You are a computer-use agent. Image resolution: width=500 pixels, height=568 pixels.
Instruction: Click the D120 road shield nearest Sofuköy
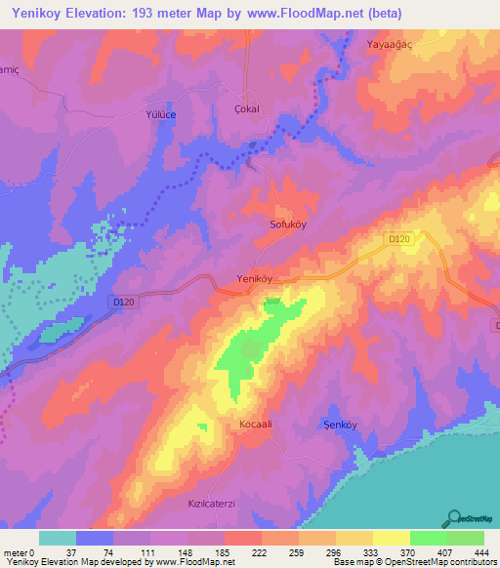[395, 238]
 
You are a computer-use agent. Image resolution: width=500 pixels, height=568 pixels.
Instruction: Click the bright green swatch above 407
[427, 538]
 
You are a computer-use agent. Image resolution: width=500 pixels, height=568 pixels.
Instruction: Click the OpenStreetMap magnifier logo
[456, 519]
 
